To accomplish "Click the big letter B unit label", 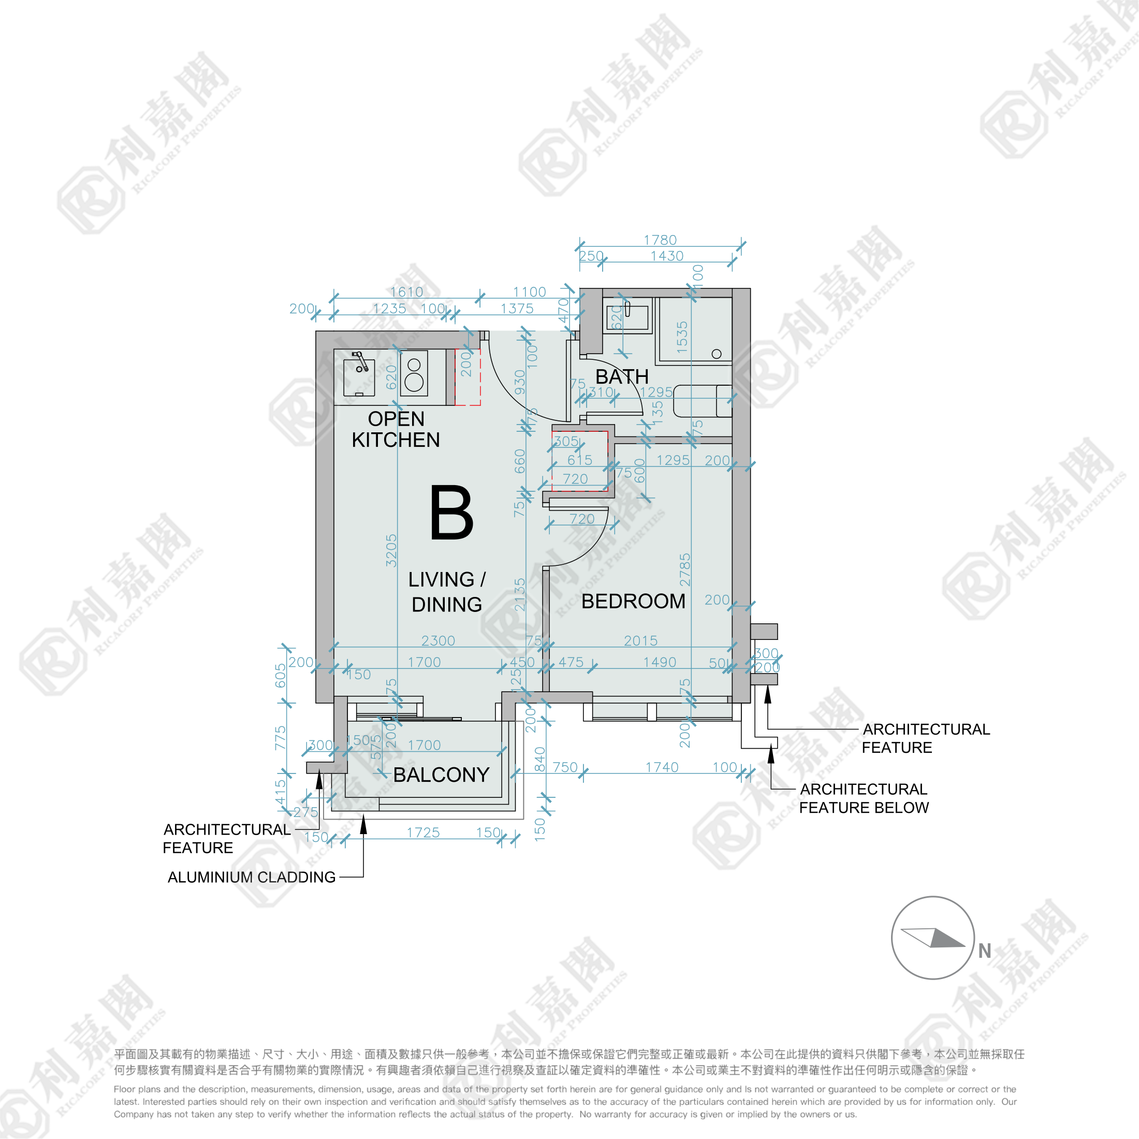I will pyautogui.click(x=451, y=513).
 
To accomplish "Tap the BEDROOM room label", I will pyautogui.click(x=633, y=601).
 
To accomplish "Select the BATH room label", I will pyautogui.click(x=621, y=376).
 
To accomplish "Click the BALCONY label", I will pyautogui.click(x=441, y=775).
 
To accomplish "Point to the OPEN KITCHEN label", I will pyautogui.click(x=396, y=429).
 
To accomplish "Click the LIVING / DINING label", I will pyautogui.click(x=447, y=592).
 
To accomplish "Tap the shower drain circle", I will pyautogui.click(x=717, y=354).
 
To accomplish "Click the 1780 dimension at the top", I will pyautogui.click(x=660, y=240).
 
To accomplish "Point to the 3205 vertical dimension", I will pyautogui.click(x=391, y=551).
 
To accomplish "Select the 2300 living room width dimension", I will pyautogui.click(x=438, y=640).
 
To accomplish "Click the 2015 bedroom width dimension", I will pyautogui.click(x=641, y=640).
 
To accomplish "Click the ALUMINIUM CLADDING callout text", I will pyautogui.click(x=251, y=877).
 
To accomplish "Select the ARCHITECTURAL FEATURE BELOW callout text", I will pyautogui.click(x=864, y=798).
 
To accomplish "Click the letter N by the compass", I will pyautogui.click(x=985, y=951).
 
